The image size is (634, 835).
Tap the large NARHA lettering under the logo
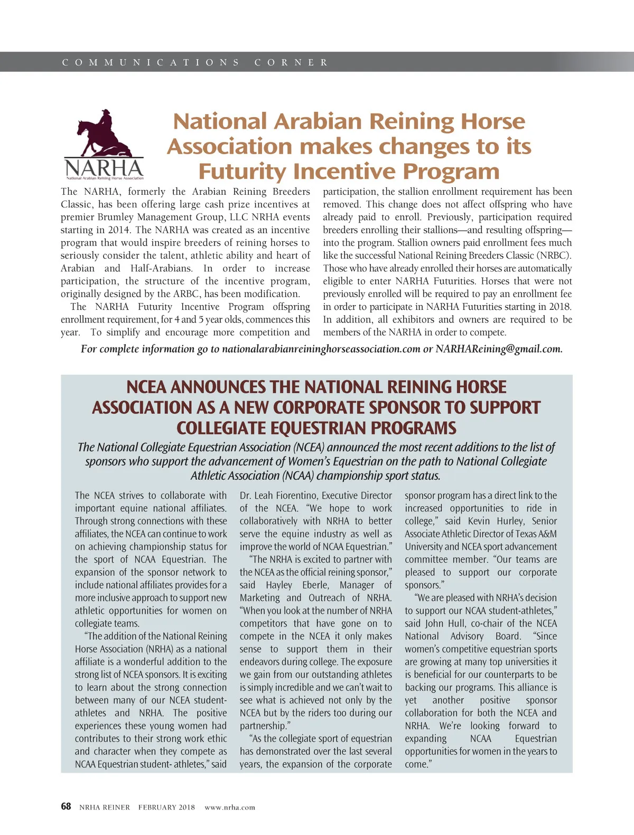pyautogui.click(x=104, y=169)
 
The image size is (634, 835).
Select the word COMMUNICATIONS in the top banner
pyautogui.click(x=151, y=62)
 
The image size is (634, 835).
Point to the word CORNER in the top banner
pyautogui.click(x=292, y=62)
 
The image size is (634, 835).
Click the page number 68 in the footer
pyautogui.click(x=66, y=806)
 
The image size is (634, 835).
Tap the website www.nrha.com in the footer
pyautogui.click(x=230, y=807)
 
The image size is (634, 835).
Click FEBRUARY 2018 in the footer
pyautogui.click(x=166, y=807)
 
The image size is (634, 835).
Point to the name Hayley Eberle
pyautogui.click(x=299, y=585)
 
